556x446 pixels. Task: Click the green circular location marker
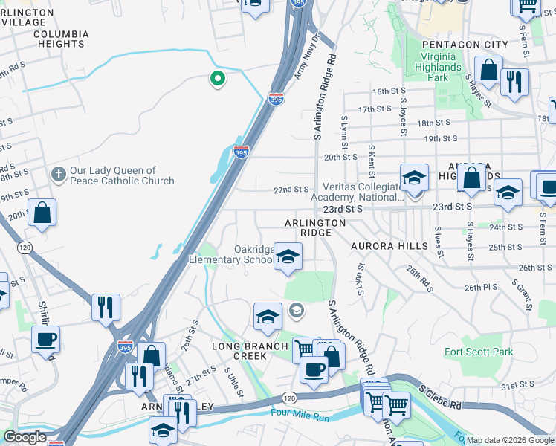(x=217, y=78)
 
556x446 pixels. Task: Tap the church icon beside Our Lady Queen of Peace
(x=58, y=175)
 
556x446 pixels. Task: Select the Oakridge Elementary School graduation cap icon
(x=287, y=257)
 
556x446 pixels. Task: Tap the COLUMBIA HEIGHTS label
(x=60, y=39)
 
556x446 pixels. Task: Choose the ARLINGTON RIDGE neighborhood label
(x=315, y=227)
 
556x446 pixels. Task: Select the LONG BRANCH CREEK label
(x=250, y=351)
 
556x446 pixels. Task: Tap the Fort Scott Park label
(x=479, y=352)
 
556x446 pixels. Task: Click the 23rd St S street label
(x=343, y=209)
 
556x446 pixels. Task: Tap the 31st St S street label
(x=518, y=387)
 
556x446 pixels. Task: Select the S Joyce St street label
(x=403, y=117)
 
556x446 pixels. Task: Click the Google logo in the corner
(x=25, y=437)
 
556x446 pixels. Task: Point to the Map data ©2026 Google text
(x=510, y=440)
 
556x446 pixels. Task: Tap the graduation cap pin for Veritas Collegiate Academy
(x=414, y=178)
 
